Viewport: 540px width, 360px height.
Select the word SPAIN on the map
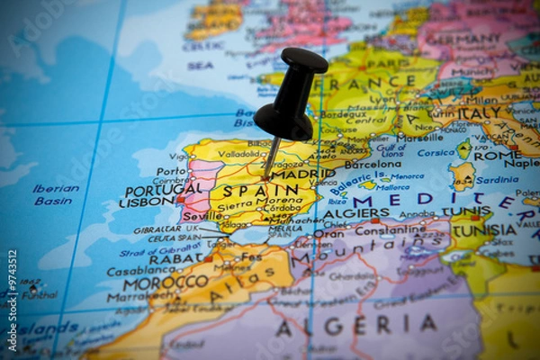[248, 191]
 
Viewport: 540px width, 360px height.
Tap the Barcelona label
[373, 165]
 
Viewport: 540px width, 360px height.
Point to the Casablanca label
[141, 270]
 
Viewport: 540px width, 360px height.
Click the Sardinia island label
[497, 179]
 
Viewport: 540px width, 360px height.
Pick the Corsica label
[436, 153]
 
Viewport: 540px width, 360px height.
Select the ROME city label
[496, 156]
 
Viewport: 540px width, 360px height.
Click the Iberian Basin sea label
[56, 194]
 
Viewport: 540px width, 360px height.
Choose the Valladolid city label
[242, 154]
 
